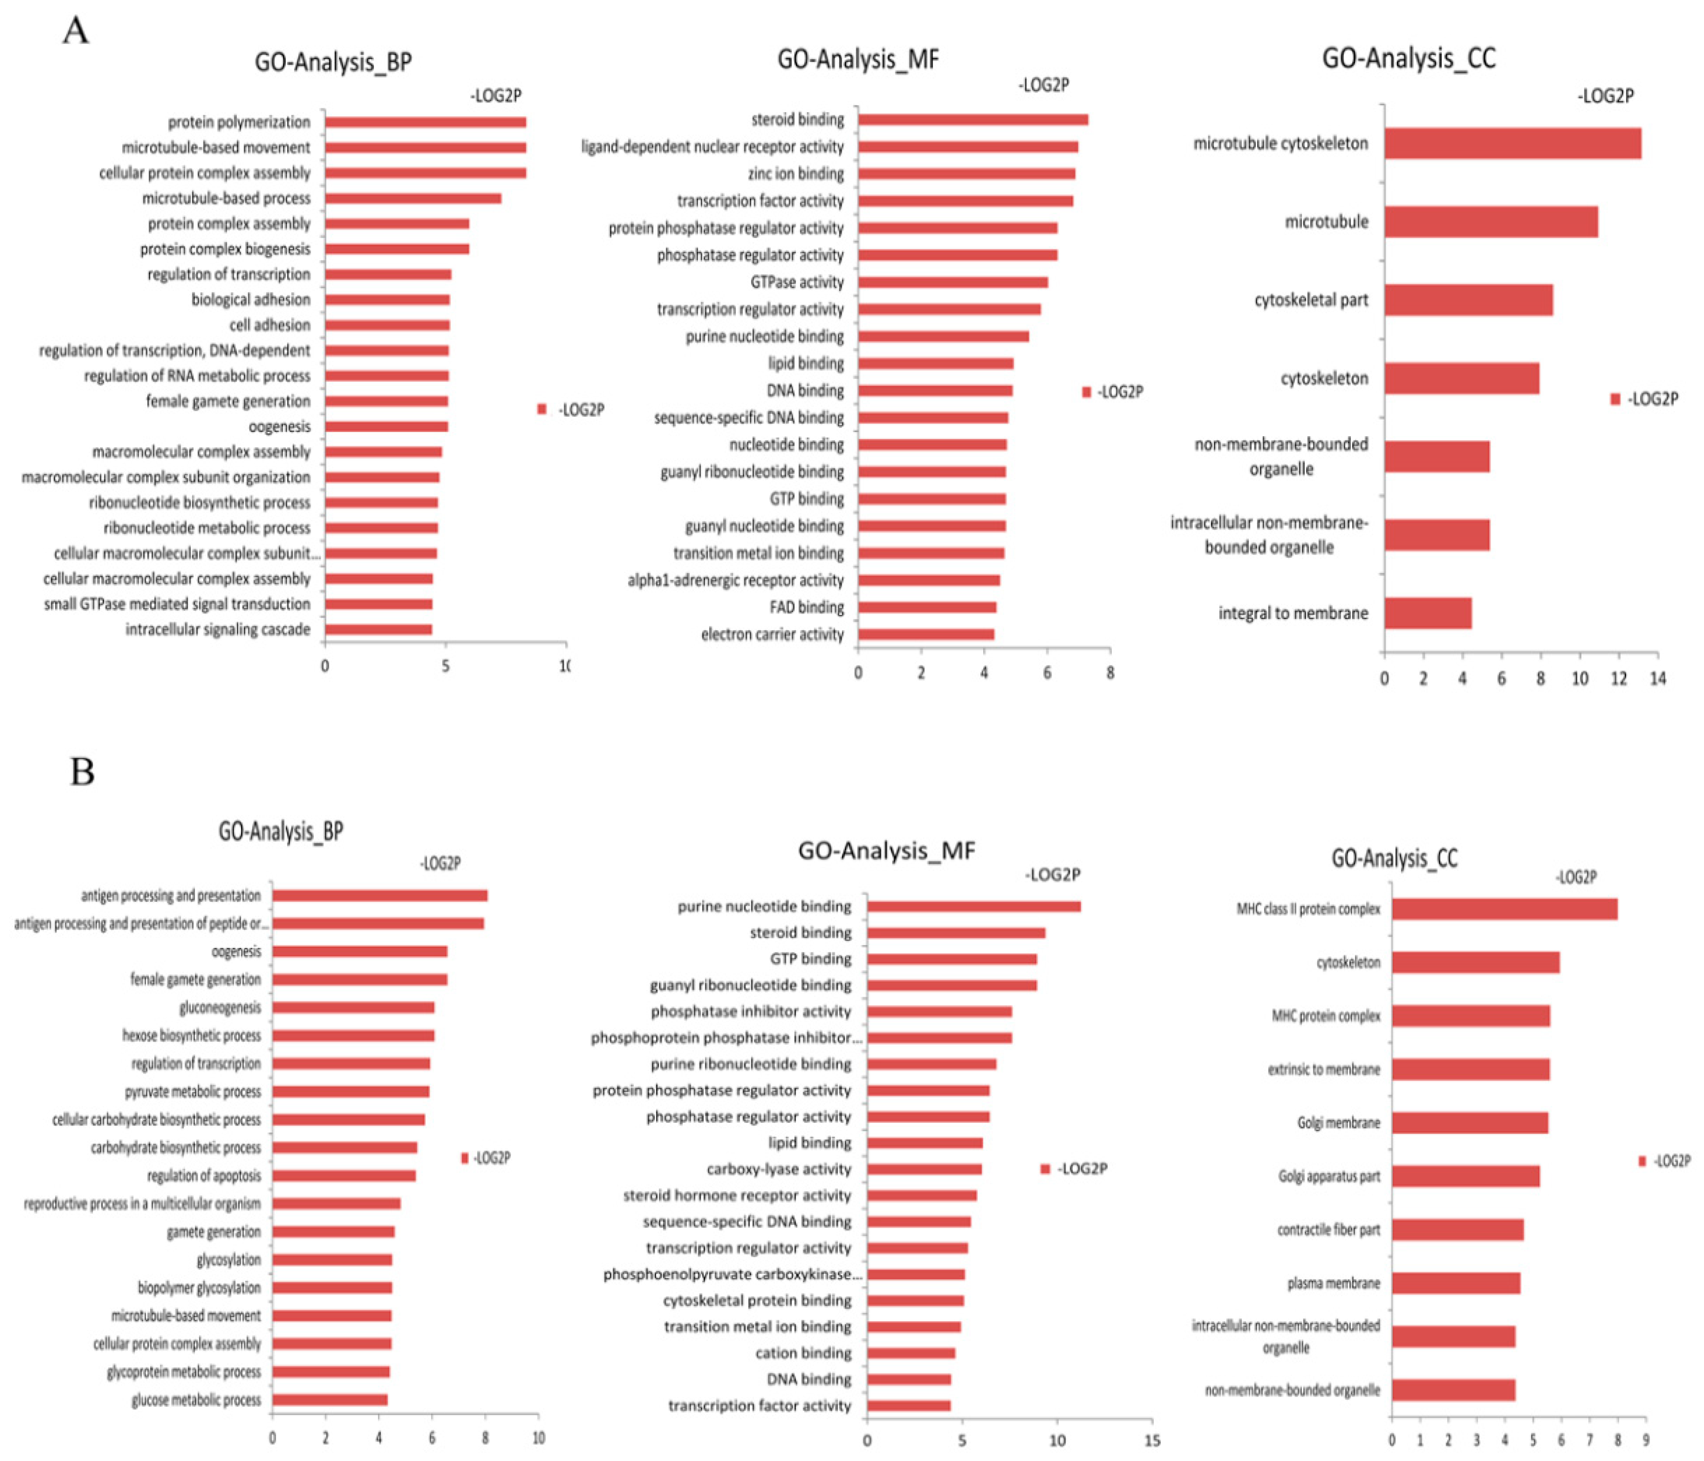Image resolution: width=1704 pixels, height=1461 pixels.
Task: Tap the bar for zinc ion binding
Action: click(966, 174)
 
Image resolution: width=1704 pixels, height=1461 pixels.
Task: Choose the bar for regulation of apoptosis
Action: click(344, 1175)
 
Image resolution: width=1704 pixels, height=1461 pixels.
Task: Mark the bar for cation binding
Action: click(910, 1353)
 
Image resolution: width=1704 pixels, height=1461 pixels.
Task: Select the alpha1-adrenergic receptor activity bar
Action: click(929, 580)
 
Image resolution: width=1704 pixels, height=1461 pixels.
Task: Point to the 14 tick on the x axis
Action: click(1657, 679)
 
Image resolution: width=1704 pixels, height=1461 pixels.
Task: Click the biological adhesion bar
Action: click(387, 299)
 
